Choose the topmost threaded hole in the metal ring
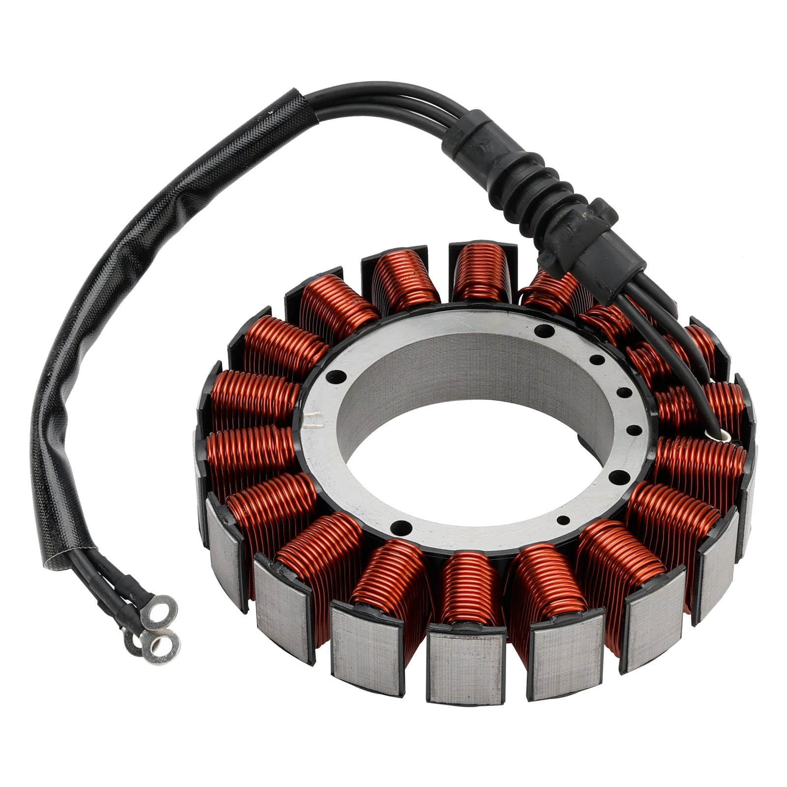tap(542, 331)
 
